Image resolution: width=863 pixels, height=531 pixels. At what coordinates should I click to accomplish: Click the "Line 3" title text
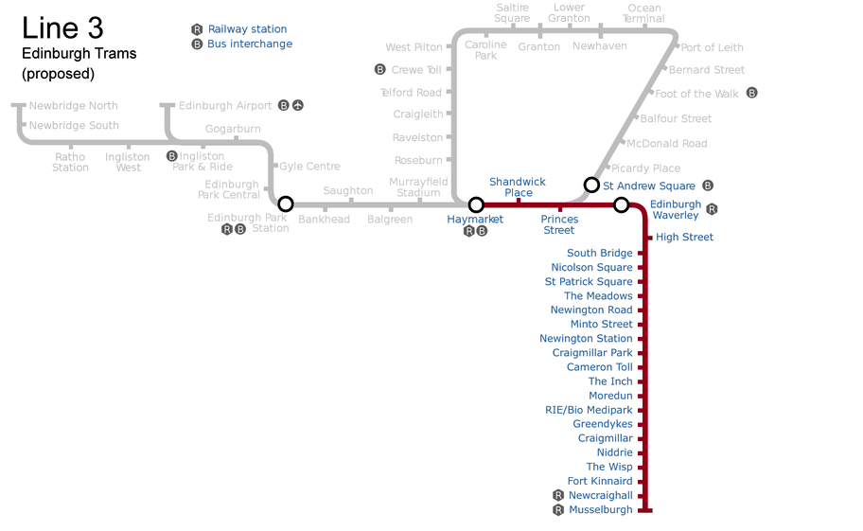(x=62, y=27)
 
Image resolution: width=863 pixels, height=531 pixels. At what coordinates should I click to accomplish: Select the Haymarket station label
(x=475, y=220)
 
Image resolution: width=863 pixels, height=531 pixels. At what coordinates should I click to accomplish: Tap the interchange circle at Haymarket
(x=476, y=204)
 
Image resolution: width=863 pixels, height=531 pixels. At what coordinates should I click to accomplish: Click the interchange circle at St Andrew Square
(x=591, y=185)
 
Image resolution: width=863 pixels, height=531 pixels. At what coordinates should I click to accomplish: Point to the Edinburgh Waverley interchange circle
(x=621, y=204)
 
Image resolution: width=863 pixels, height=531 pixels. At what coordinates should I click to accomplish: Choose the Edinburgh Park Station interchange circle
(x=285, y=204)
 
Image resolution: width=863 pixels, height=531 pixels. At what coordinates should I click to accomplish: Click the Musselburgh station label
(x=601, y=510)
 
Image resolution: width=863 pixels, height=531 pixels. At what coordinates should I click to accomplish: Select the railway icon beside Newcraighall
(x=558, y=495)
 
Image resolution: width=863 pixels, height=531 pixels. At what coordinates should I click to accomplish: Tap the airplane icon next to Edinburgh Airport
(x=298, y=105)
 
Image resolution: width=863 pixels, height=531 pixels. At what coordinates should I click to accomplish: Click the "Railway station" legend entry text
(x=247, y=29)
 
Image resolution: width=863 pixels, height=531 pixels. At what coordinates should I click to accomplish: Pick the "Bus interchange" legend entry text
(x=250, y=44)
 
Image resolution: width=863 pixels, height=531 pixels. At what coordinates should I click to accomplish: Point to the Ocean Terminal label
(x=644, y=13)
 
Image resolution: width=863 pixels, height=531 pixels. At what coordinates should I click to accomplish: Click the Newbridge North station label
(x=74, y=105)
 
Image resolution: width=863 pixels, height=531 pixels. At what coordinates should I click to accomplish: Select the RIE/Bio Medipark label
(x=589, y=410)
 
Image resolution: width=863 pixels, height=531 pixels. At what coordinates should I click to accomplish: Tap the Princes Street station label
(x=559, y=224)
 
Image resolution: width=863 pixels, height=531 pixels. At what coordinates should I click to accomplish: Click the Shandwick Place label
(x=518, y=186)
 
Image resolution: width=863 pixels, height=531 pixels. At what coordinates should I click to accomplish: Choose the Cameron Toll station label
(x=600, y=367)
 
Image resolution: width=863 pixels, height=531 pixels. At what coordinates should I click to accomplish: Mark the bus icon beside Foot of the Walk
(x=752, y=93)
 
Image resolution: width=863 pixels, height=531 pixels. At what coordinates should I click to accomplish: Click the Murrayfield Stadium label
(x=418, y=186)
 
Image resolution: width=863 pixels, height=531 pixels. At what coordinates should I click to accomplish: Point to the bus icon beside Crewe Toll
(x=379, y=69)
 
